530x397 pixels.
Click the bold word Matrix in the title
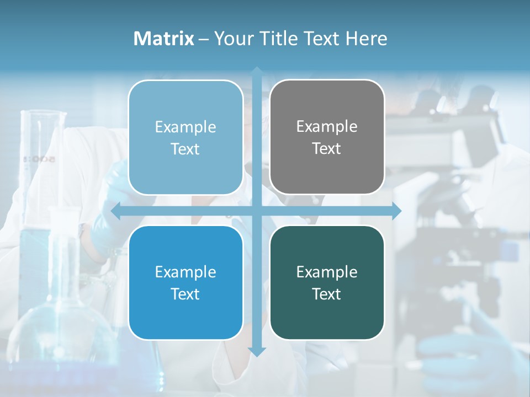(164, 39)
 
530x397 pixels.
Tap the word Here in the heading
(367, 39)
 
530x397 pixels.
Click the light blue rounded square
(185, 137)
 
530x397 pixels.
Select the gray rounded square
(327, 137)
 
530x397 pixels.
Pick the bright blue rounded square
(185, 283)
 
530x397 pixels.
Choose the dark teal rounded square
(327, 283)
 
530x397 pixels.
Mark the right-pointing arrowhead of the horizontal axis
(396, 211)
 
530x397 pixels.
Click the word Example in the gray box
(327, 127)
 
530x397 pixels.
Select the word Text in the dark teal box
(327, 294)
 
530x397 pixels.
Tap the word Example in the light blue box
(185, 127)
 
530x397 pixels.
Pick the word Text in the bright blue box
(185, 294)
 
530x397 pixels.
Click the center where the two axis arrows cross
(257, 211)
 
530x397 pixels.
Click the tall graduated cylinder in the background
(43, 165)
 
